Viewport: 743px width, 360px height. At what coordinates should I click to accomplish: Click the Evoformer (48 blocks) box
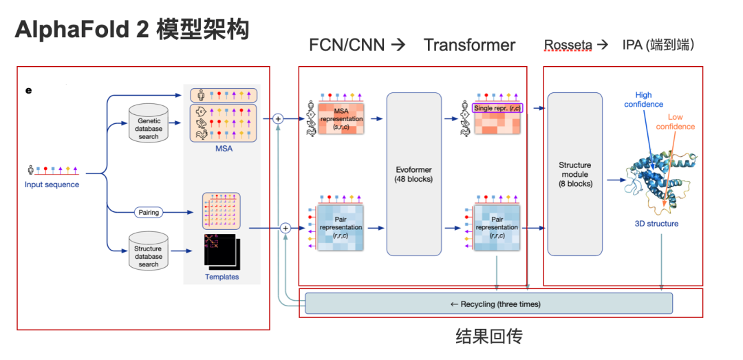pyautogui.click(x=413, y=173)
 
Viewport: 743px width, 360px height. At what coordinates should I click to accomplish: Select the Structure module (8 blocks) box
pyautogui.click(x=574, y=174)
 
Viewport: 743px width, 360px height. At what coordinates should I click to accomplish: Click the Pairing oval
pyautogui.click(x=149, y=213)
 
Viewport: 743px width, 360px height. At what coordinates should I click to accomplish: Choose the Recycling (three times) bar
pyautogui.click(x=488, y=304)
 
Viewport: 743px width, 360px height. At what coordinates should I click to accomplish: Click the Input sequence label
pyautogui.click(x=52, y=184)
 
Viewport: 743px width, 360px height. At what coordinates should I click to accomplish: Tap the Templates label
pyautogui.click(x=222, y=277)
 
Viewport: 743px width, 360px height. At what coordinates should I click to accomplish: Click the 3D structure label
pyautogui.click(x=656, y=224)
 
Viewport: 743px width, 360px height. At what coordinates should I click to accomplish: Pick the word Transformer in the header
pyautogui.click(x=469, y=45)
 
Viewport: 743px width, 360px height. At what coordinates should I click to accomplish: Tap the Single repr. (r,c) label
pyautogui.click(x=497, y=108)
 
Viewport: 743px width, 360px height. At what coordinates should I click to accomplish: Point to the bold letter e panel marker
pyautogui.click(x=29, y=89)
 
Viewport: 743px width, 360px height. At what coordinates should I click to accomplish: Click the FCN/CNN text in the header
pyautogui.click(x=347, y=45)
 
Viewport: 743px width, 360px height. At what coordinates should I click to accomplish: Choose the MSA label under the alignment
pyautogui.click(x=222, y=147)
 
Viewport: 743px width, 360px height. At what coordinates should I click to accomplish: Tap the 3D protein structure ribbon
pyautogui.click(x=657, y=172)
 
